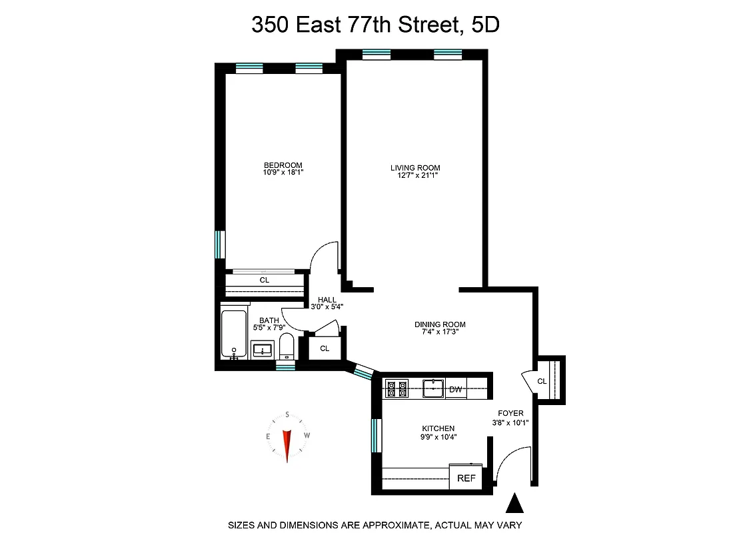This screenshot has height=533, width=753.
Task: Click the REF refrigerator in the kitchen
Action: pos(464,478)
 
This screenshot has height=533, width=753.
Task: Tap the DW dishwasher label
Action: pos(456,389)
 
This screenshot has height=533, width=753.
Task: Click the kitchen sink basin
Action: pos(434,387)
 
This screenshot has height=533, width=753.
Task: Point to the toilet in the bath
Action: pos(287,346)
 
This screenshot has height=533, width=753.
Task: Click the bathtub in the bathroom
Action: pos(233,334)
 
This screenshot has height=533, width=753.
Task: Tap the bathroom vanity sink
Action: pos(263,350)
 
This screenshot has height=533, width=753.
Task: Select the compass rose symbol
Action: pos(287,437)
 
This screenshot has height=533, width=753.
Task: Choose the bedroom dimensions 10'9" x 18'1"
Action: pos(283,173)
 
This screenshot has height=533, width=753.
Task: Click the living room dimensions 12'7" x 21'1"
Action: pos(415,175)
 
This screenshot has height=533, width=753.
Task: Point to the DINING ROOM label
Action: pos(440,324)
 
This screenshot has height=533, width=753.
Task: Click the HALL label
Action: pos(327,300)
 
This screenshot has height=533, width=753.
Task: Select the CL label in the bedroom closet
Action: pos(265,280)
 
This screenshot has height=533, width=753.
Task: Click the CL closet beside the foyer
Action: pos(542,381)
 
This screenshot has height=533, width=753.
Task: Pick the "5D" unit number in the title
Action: pos(485,25)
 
